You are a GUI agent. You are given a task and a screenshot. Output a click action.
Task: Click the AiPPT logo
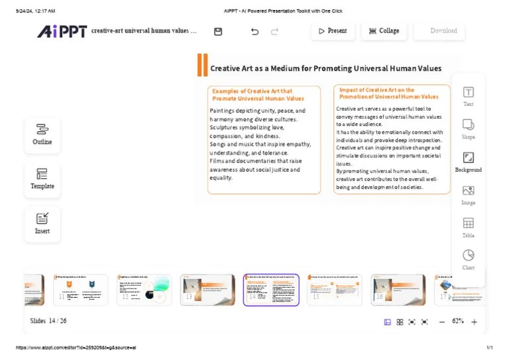[x=62, y=31]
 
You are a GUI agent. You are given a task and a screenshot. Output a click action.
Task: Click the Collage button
[x=384, y=31]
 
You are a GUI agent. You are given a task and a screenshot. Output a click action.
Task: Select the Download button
[x=439, y=31]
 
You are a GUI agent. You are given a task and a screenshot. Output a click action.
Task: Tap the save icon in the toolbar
[x=218, y=31]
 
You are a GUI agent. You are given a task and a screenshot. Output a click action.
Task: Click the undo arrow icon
[x=254, y=31]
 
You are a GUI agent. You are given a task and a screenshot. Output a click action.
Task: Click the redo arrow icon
[x=274, y=31]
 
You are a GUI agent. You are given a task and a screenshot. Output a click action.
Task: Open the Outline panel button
[x=42, y=134]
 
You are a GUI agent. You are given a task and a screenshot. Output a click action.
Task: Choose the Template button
[x=42, y=178]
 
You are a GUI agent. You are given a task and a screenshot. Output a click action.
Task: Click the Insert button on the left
[x=42, y=223]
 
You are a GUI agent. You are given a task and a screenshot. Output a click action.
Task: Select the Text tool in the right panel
[x=468, y=96]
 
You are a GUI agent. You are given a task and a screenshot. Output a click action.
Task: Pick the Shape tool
[x=468, y=129]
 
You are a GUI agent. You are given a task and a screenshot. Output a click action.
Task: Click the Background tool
[x=468, y=161]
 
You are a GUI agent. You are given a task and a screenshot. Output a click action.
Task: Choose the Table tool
[x=468, y=227]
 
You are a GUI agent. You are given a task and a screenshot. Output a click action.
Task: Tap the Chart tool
[x=468, y=259]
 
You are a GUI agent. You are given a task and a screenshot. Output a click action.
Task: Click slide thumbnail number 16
[x=398, y=290]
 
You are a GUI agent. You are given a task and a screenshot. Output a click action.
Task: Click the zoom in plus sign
[x=474, y=322]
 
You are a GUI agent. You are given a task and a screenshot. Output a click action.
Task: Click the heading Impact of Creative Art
[x=388, y=93]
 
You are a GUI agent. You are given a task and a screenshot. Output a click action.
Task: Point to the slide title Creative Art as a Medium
[x=325, y=68]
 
